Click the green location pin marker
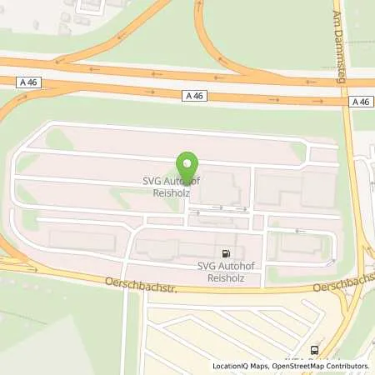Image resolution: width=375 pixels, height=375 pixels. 187,163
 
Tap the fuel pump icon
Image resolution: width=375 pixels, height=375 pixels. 226,253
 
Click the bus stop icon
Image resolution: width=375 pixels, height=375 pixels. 315,350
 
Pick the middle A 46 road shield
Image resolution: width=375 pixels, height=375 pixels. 192,95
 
